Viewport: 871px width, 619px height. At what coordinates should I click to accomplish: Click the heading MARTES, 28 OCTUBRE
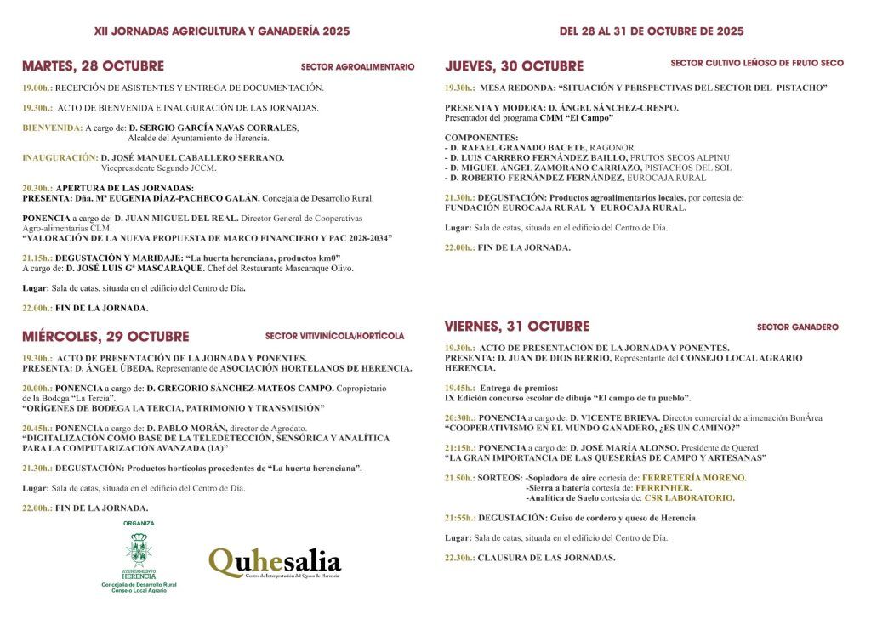click(x=93, y=66)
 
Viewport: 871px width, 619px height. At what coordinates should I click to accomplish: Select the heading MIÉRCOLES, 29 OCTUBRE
click(x=105, y=336)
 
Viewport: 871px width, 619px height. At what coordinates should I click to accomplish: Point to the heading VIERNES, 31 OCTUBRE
click(x=516, y=327)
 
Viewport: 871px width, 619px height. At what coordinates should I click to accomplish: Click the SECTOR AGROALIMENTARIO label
click(x=357, y=66)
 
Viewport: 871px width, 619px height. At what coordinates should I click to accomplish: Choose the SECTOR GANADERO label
click(x=797, y=327)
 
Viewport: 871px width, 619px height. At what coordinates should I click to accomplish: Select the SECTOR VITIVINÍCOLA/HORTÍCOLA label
click(x=334, y=336)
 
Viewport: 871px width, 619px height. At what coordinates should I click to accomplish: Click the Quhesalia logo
click(x=275, y=563)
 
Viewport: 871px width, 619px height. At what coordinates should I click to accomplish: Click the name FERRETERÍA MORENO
click(x=694, y=478)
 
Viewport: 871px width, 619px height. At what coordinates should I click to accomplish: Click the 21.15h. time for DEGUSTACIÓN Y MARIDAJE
click(x=37, y=258)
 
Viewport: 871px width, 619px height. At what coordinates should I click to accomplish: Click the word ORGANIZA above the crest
click(x=139, y=523)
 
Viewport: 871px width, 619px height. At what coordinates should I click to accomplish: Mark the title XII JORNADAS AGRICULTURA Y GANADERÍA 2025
click(x=221, y=31)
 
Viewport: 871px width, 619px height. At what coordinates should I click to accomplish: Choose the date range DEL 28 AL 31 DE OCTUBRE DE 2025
click(x=652, y=31)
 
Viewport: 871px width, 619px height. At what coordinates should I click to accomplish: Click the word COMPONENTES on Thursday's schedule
click(x=481, y=137)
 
